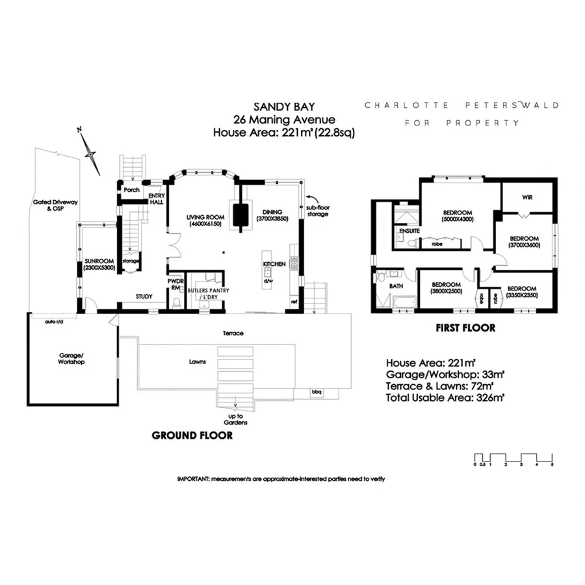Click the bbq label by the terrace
click(317, 391)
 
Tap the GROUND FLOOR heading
click(192, 435)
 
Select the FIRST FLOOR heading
click(465, 328)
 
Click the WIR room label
click(527, 198)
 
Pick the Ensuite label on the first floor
click(410, 230)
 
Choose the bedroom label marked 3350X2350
click(521, 292)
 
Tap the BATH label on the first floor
click(396, 285)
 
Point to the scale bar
click(513, 458)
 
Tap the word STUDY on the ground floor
click(144, 297)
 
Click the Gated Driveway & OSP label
click(55, 206)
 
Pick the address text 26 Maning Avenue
click(284, 119)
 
